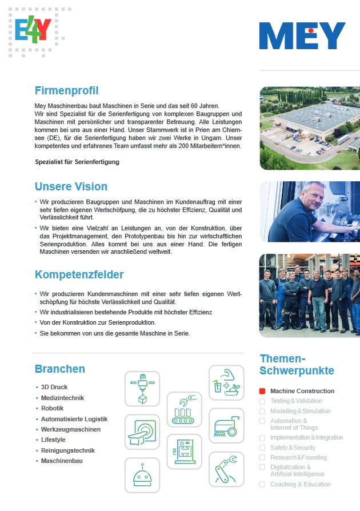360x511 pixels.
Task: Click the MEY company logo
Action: (302, 36)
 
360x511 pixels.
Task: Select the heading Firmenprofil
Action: (66, 90)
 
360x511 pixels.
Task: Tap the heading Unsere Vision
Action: (71, 186)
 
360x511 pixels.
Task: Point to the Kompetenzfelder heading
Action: (79, 274)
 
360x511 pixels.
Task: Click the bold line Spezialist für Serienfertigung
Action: (77, 162)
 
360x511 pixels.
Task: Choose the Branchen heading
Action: (59, 369)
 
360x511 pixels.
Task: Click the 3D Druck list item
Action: (54, 387)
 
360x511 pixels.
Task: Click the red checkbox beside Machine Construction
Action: (262, 392)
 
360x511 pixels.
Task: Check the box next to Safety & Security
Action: (262, 448)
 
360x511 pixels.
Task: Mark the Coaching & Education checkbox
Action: (262, 484)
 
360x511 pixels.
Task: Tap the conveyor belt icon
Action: (184, 409)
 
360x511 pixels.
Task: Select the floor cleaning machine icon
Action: (226, 426)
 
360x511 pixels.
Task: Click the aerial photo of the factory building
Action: (309, 128)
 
